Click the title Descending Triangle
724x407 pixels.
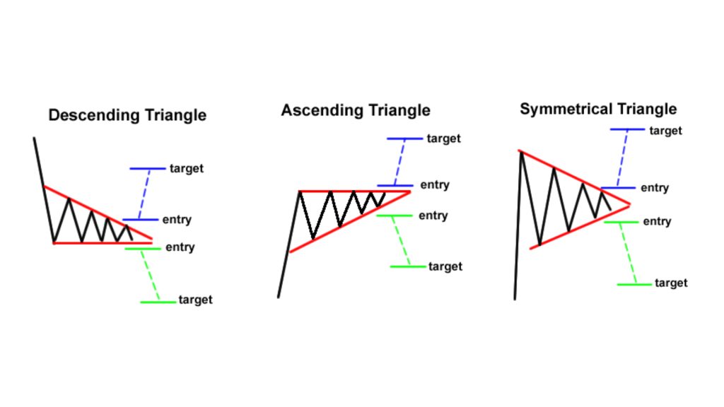[x=127, y=115]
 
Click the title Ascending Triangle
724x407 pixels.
[x=356, y=111]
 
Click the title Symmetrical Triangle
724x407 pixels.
[x=598, y=109]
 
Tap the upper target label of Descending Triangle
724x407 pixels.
[x=187, y=169]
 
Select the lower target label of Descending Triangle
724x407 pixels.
[x=196, y=300]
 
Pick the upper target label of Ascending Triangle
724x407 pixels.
[x=444, y=138]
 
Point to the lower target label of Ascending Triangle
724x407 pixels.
[x=445, y=266]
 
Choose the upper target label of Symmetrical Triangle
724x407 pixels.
[x=665, y=131]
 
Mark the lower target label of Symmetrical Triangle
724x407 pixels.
[x=670, y=283]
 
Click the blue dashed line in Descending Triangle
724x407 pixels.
[x=144, y=194]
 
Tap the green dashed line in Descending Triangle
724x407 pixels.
[x=150, y=275]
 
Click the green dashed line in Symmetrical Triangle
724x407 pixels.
[x=628, y=253]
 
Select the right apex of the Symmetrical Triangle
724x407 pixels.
[x=629, y=205]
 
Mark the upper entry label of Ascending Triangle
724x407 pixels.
[x=435, y=185]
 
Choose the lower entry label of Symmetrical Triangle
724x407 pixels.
[x=657, y=222]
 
